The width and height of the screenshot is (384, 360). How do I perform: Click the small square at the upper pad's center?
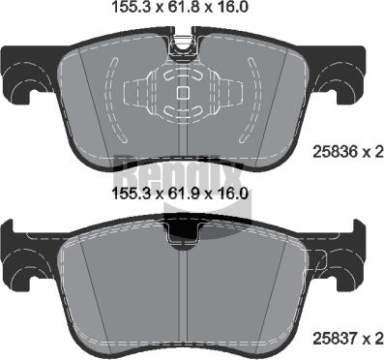184,93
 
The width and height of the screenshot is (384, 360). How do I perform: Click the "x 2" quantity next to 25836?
373,151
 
